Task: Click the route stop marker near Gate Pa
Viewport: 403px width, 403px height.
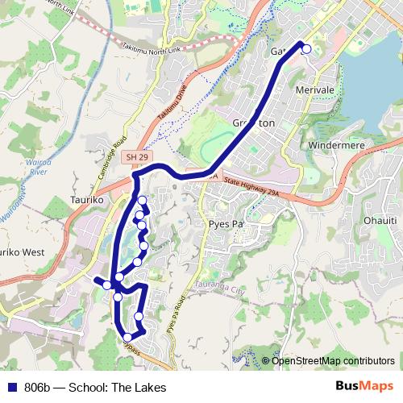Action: click(x=306, y=49)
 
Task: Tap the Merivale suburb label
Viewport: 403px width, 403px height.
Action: click(x=315, y=89)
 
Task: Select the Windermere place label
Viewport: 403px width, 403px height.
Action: click(x=333, y=144)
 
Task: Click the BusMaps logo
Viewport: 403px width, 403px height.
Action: click(x=364, y=387)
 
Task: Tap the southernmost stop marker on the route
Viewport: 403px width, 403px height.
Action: click(x=127, y=338)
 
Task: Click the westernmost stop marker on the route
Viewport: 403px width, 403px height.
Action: click(x=106, y=285)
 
